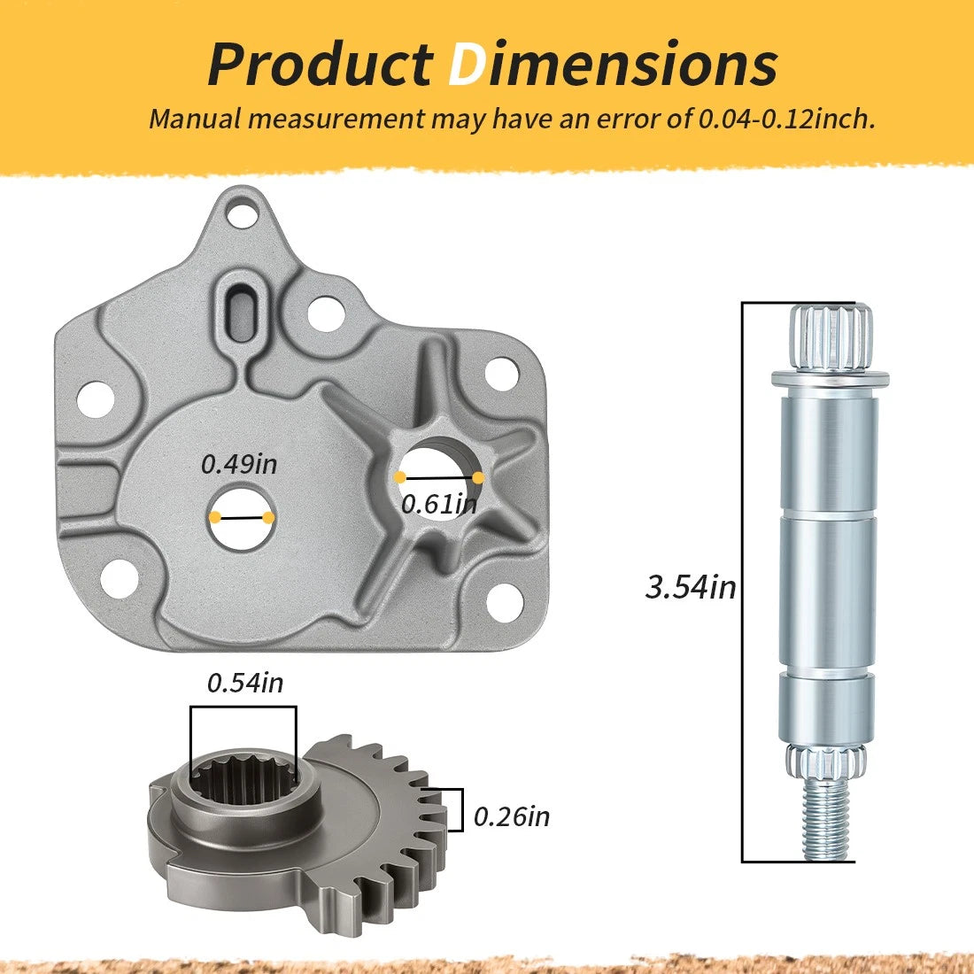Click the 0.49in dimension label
click(x=239, y=464)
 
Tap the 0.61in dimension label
click(x=439, y=504)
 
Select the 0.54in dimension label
click(x=245, y=683)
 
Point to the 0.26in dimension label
click(x=512, y=816)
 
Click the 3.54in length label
click(x=691, y=587)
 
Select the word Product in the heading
click(x=320, y=65)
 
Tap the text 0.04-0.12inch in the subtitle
click(x=786, y=118)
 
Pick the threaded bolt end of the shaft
click(x=826, y=820)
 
